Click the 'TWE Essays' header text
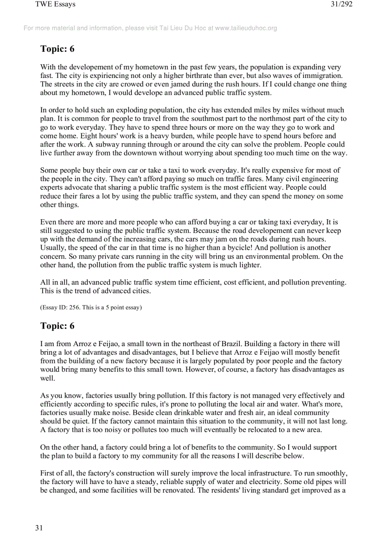[55, 5]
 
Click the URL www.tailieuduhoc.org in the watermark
[246, 28]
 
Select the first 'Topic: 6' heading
[58, 49]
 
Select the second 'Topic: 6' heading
[58, 326]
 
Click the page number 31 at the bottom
[39, 528]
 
